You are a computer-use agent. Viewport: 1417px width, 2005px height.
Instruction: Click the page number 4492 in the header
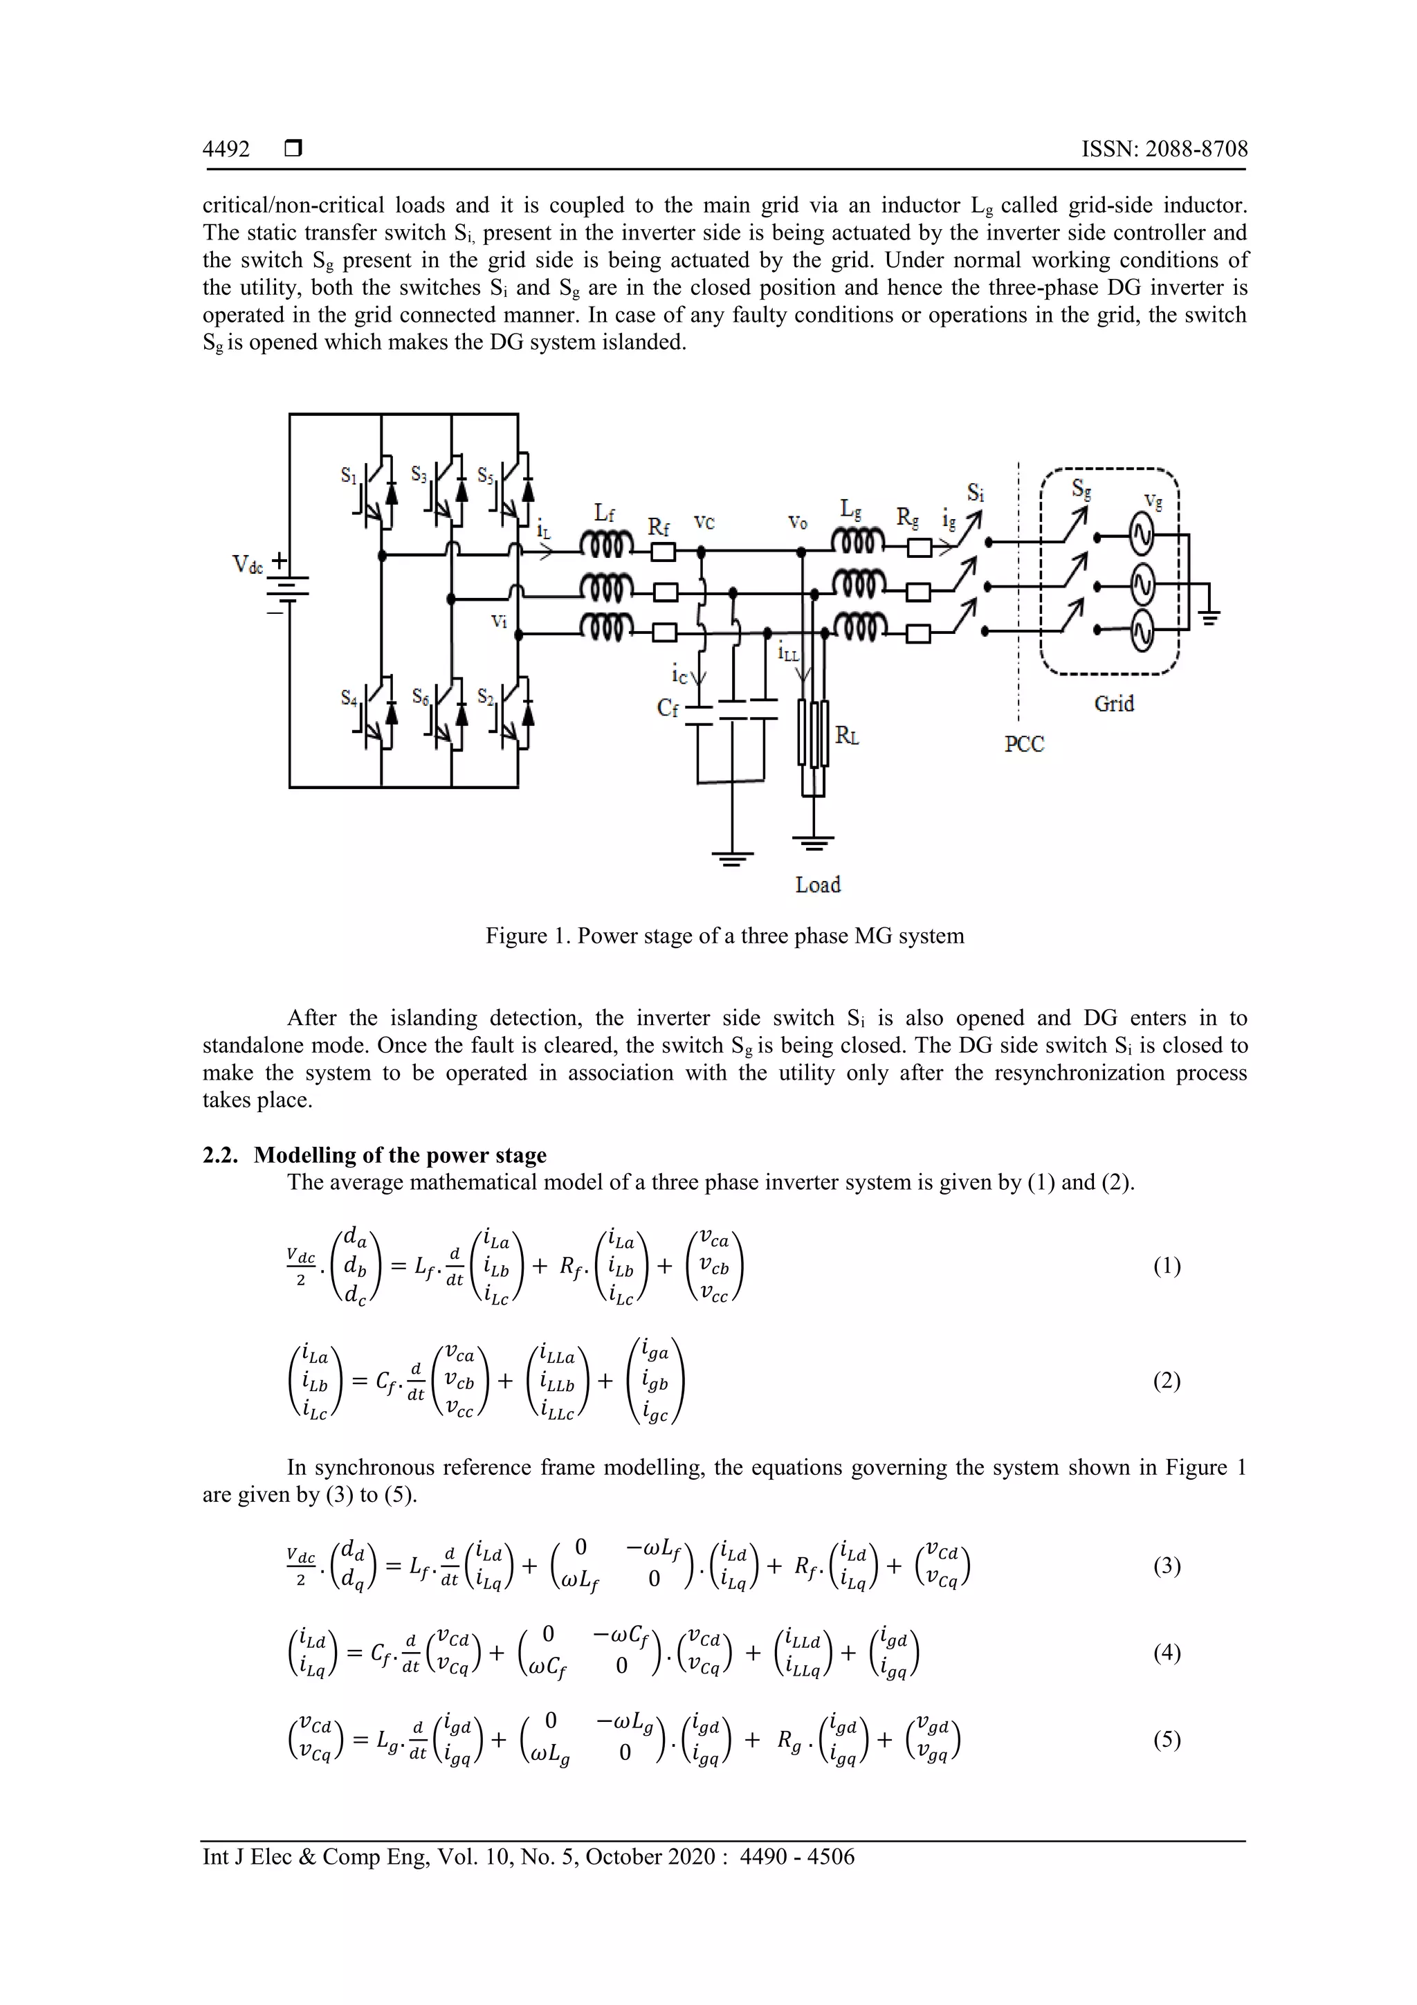click(x=226, y=149)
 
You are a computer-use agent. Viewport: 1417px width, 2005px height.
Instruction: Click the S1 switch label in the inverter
click(x=348, y=476)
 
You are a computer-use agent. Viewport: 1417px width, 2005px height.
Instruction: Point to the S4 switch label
click(x=349, y=698)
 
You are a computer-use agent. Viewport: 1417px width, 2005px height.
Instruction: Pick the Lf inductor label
click(x=604, y=514)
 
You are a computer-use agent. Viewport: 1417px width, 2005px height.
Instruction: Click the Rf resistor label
click(x=658, y=527)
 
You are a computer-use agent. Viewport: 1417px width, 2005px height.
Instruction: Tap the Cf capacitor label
click(x=667, y=708)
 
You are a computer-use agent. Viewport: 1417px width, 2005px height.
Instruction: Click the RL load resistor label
click(x=847, y=736)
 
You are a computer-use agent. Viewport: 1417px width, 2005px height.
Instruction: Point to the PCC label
click(x=1024, y=744)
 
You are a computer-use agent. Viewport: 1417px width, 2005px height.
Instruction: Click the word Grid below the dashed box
click(x=1114, y=704)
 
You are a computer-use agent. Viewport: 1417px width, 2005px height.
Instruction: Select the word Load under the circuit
click(x=818, y=884)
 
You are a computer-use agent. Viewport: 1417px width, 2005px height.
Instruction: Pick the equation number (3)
click(x=1167, y=1566)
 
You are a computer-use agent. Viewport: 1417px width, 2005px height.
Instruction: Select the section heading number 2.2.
click(x=220, y=1155)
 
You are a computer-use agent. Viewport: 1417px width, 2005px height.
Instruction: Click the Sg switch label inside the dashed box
click(x=1081, y=490)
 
